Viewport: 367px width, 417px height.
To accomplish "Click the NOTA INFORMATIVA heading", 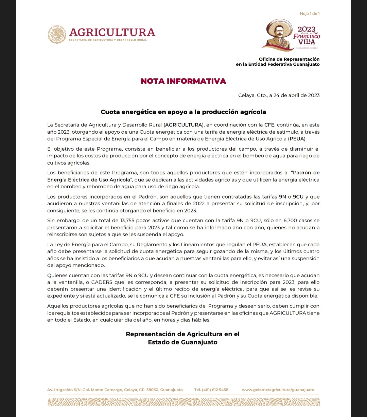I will tap(183, 81).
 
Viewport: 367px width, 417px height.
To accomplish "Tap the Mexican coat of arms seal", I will tap(57, 34).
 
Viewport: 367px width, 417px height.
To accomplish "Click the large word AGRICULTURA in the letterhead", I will tap(112, 32).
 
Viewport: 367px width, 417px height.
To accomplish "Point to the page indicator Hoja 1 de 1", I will tap(310, 14).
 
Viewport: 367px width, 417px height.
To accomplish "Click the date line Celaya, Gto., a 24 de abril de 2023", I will tap(279, 95).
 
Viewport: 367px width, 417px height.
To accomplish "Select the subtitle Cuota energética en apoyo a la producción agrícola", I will tap(183, 112).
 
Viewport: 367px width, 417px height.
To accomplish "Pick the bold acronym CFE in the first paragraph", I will tap(269, 125).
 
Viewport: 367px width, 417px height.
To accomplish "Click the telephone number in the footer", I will tap(211, 390).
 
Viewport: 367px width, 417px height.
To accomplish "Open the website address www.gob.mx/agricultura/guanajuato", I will tap(278, 390).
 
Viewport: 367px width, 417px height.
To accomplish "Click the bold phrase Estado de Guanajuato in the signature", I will tap(182, 342).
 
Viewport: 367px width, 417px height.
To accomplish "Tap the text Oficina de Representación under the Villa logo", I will tap(289, 59).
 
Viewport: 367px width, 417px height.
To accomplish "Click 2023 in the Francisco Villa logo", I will tap(307, 30).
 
